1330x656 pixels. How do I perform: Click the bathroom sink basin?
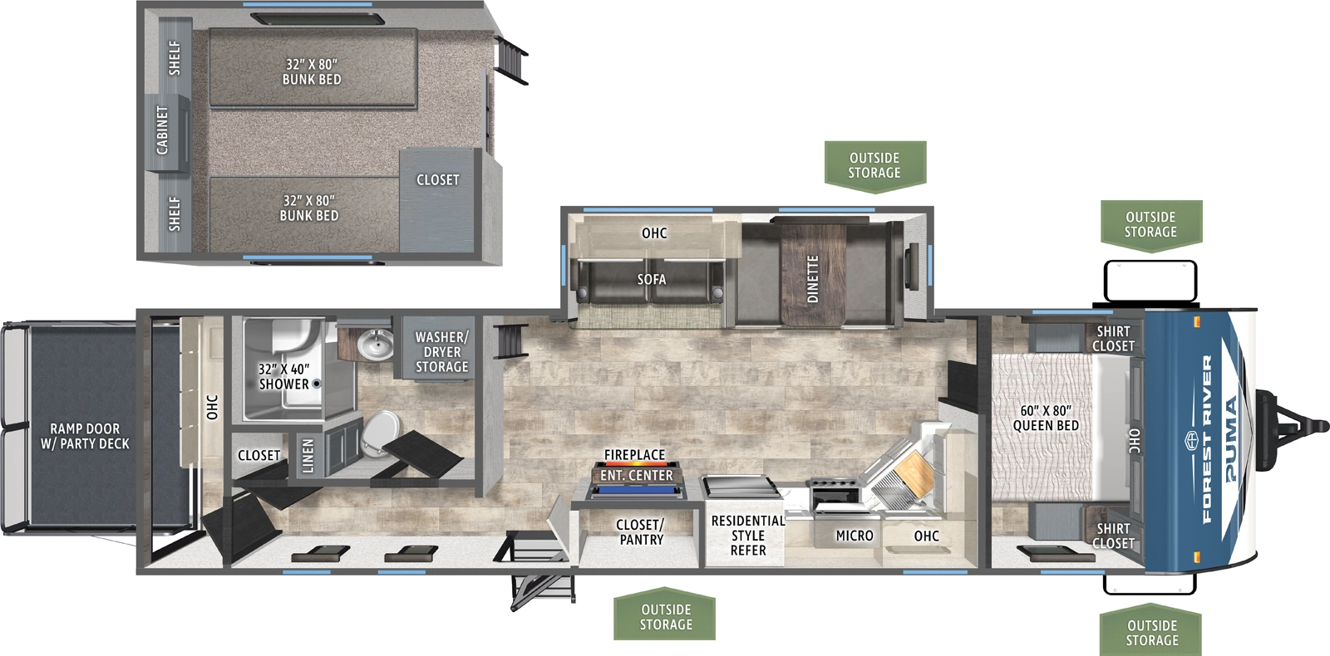pos(376,345)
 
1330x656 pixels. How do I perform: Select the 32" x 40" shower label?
pos(283,376)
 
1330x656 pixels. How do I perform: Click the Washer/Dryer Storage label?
pos(441,351)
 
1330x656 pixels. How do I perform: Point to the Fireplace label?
pos(634,455)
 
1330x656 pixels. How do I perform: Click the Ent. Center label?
pos(636,475)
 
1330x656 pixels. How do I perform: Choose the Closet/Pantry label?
pos(639,531)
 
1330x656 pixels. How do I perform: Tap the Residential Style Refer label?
pos(747,535)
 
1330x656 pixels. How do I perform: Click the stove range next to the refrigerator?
pos(834,494)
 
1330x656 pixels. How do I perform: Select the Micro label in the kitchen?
pos(855,536)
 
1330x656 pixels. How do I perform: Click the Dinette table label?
pos(812,278)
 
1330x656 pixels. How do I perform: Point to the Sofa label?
pos(652,279)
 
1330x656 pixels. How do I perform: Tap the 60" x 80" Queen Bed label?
pos(1046,418)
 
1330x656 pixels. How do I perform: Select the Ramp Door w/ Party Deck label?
pos(85,436)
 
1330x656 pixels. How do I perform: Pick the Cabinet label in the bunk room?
pos(162,130)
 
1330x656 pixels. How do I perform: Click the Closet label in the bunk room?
pos(437,179)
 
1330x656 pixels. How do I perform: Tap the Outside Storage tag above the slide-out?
pos(874,165)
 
